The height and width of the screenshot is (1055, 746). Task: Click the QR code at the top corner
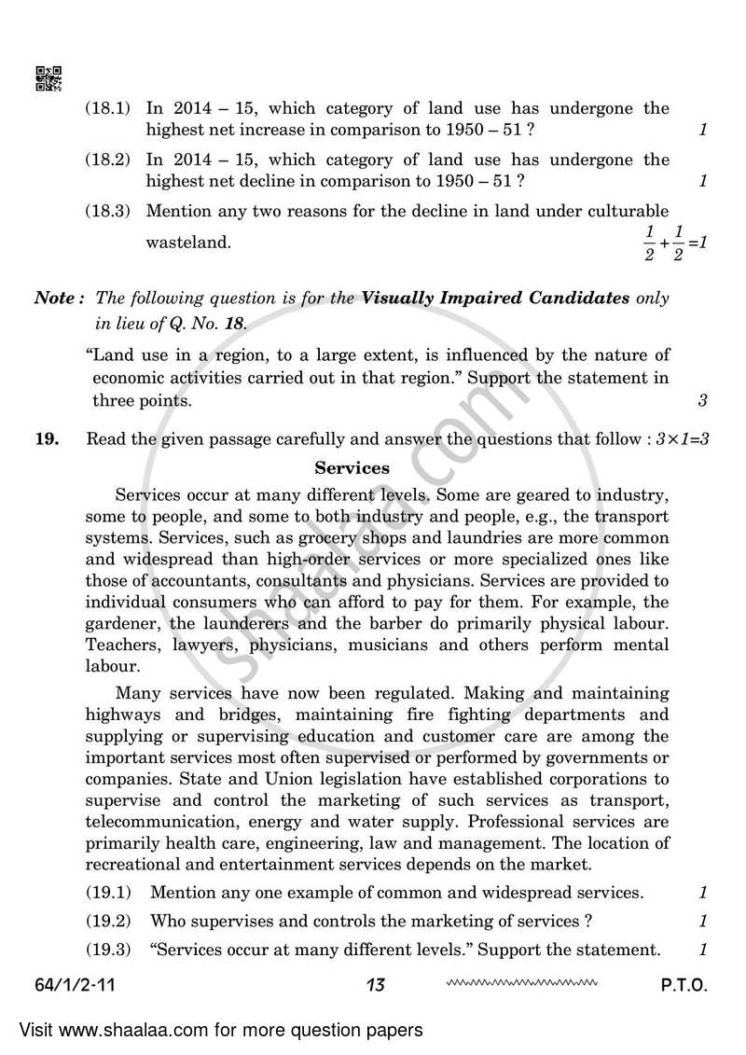[x=48, y=79]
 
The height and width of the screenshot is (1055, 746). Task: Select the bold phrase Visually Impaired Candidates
[x=495, y=298]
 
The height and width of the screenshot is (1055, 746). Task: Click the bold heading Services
[x=352, y=468]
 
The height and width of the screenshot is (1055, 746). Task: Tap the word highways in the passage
[x=119, y=715]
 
